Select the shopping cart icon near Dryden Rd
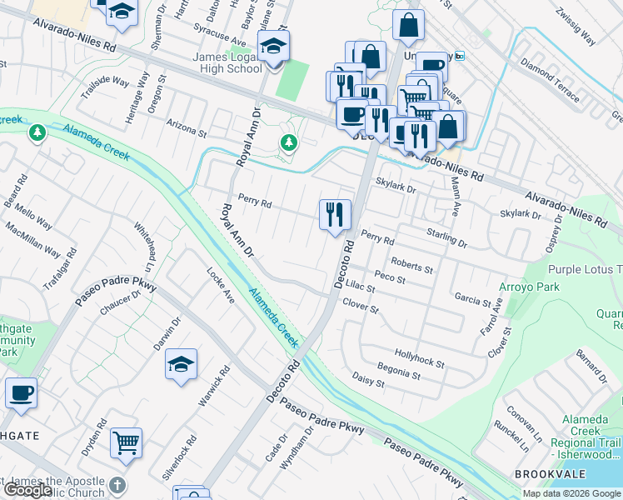coord(126,444)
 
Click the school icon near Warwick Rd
coord(181,364)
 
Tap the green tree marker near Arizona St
coord(288,144)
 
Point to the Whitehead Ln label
coord(145,243)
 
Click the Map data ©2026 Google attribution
coord(571,493)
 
